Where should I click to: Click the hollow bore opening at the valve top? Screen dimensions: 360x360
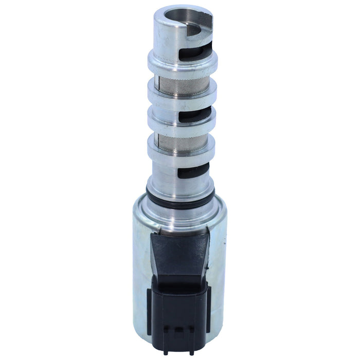[x=175, y=20]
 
